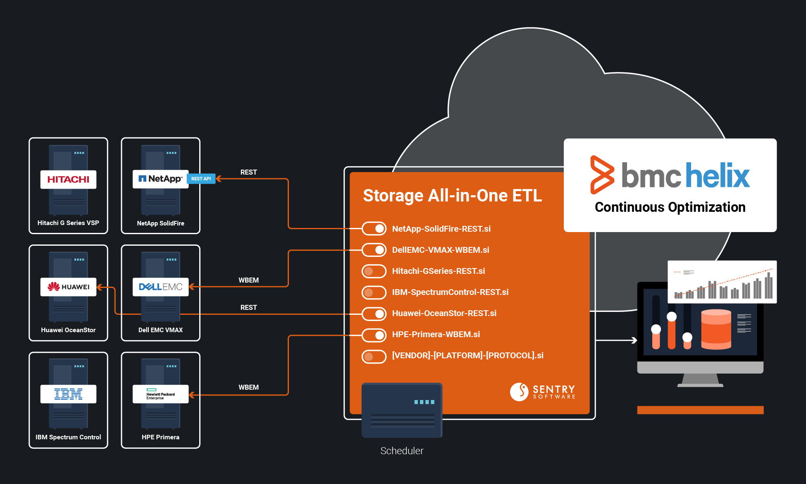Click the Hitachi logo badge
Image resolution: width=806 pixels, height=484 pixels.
tap(68, 180)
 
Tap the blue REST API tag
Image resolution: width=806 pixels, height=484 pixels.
tap(201, 179)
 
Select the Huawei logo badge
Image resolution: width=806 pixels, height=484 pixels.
tap(68, 287)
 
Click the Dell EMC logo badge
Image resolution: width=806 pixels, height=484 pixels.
tap(160, 287)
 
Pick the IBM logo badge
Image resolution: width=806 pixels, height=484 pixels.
tap(68, 394)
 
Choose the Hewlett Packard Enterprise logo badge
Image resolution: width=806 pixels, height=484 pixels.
tap(160, 394)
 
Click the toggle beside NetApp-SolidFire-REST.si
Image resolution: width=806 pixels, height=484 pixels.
tap(374, 229)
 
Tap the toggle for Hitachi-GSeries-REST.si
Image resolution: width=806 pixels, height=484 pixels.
tap(374, 271)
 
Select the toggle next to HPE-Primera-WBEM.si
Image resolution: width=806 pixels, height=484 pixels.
tap(374, 334)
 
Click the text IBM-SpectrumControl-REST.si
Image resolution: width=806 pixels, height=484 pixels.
tap(450, 292)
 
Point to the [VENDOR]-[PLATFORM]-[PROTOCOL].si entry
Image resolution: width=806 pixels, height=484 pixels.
tap(467, 355)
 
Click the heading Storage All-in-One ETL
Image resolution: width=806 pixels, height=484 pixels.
tap(452, 196)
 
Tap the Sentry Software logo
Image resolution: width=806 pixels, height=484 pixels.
tap(542, 391)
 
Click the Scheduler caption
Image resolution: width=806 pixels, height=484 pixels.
tap(402, 451)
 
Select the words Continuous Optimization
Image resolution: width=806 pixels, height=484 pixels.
tap(670, 207)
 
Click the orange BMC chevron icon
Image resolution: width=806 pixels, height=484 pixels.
tap(602, 175)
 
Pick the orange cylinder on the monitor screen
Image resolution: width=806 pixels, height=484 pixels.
tap(716, 329)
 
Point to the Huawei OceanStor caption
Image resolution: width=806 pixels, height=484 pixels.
tap(68, 330)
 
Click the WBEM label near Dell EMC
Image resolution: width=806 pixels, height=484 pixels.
tap(248, 280)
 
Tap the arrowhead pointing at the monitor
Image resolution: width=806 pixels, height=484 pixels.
tap(634, 340)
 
